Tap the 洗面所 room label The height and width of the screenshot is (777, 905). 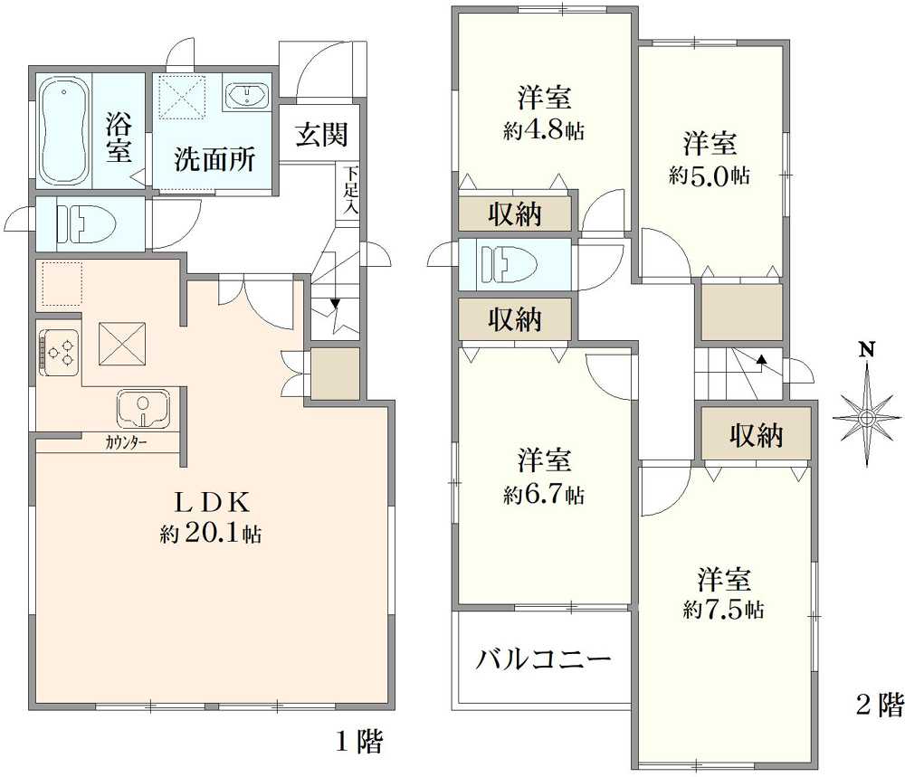[x=214, y=160]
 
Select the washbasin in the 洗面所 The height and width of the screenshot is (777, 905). [x=244, y=95]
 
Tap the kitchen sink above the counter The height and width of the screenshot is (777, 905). [x=143, y=408]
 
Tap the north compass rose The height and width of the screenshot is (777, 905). [x=866, y=415]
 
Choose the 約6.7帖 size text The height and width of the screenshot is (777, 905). [x=543, y=495]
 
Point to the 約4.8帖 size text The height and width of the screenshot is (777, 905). [x=543, y=131]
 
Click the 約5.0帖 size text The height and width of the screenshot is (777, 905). [x=709, y=175]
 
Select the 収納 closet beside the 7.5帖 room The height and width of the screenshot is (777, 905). [x=756, y=437]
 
